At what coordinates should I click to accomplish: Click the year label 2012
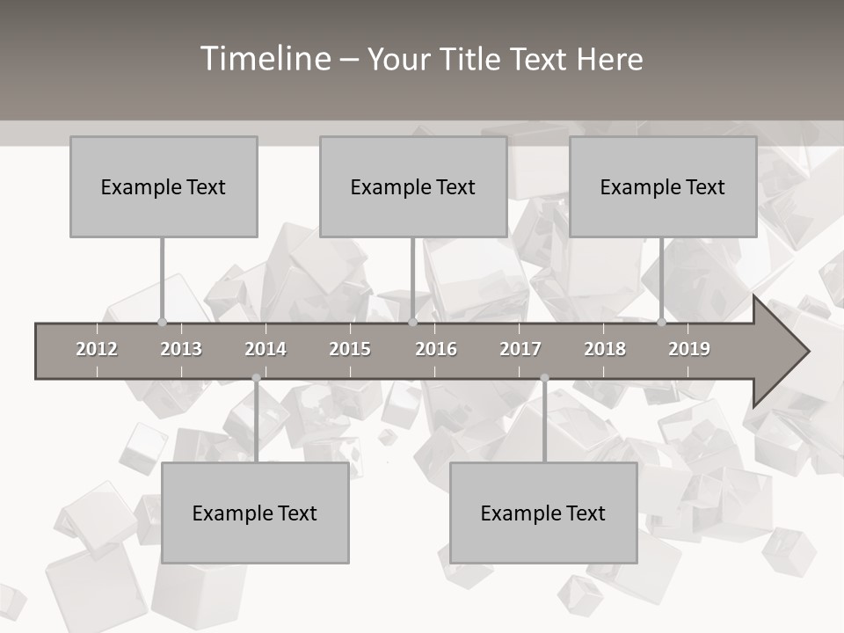coord(97,349)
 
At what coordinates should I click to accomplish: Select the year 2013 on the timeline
coord(181,349)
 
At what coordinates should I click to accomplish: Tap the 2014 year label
coord(266,349)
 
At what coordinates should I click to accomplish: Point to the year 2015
coord(350,349)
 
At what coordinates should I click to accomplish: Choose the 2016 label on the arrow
coord(436,349)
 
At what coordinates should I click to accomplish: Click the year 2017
coord(520,349)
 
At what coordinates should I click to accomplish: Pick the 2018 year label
coord(605,349)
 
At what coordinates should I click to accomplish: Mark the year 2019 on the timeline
coord(689,349)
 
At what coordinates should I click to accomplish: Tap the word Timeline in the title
coord(264,59)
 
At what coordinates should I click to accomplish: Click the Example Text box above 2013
coord(164,186)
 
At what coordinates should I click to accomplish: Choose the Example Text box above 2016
coord(413,186)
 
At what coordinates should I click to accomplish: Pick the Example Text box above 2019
coord(663,186)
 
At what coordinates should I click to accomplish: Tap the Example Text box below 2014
coord(255,513)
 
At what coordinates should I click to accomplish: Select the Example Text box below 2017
coord(543,513)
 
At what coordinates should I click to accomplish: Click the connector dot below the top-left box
coord(162,322)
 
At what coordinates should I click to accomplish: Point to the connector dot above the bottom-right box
coord(544,378)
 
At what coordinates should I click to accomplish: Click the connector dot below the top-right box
coord(662,322)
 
